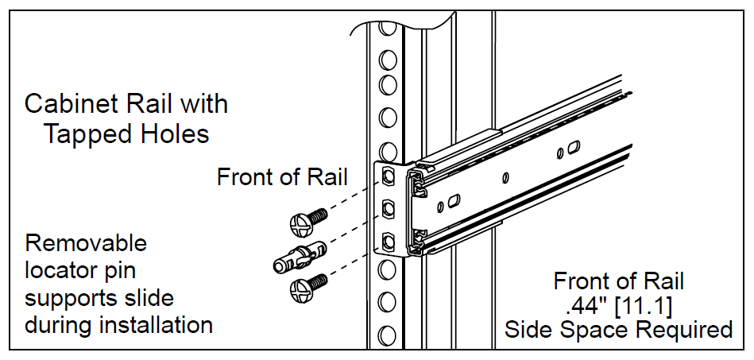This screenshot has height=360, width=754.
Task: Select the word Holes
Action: click(x=175, y=134)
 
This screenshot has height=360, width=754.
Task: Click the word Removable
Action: click(x=86, y=242)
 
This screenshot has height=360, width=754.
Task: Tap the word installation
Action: click(x=156, y=325)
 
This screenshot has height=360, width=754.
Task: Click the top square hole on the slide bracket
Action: click(x=388, y=176)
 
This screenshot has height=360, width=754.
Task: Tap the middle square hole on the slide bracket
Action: click(x=388, y=209)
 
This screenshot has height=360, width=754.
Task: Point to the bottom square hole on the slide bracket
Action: click(x=388, y=241)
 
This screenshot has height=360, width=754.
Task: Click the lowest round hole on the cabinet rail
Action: click(x=388, y=335)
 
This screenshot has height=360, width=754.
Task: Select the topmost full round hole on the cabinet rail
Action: click(x=388, y=60)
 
